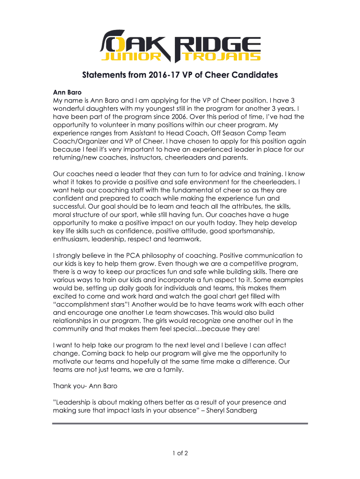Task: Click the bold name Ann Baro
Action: (x=68, y=93)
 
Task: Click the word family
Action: (x=173, y=370)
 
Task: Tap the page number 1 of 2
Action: (x=180, y=453)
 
